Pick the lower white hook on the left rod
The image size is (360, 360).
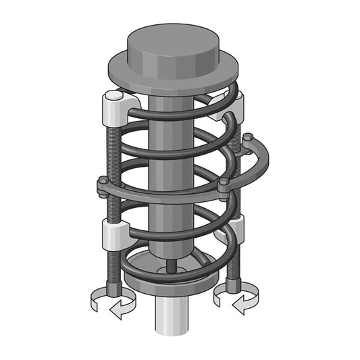click(113, 234)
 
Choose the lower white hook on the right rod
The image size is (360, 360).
click(236, 230)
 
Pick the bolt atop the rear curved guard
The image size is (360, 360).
click(248, 138)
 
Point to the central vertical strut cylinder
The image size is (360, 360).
click(165, 169)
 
